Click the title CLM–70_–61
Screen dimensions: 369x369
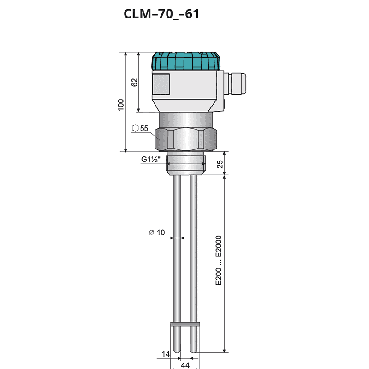point(161,14)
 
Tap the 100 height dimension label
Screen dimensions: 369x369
point(120,105)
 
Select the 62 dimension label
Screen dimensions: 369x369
point(134,83)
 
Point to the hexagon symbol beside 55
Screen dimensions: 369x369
point(135,128)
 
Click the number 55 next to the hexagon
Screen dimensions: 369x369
point(144,128)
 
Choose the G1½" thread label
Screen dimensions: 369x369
point(151,159)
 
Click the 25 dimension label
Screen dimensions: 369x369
point(220,164)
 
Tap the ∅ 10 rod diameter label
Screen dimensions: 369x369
point(157,232)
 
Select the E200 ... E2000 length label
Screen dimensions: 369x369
point(219,260)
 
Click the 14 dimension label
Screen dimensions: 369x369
point(166,354)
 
